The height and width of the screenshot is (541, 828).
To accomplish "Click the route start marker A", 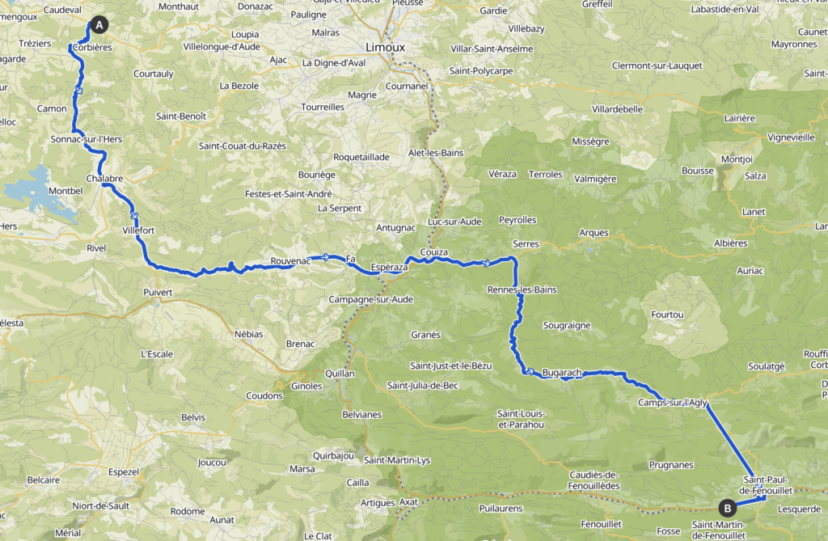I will [x=99, y=25].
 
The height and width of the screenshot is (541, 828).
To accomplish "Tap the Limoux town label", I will [x=385, y=47].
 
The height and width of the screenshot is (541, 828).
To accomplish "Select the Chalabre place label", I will [x=103, y=178].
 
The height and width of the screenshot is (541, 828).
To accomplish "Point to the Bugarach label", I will [x=562, y=373].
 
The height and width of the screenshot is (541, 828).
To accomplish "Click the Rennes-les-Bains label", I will [x=522, y=290].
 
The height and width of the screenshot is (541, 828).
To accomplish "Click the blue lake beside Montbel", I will [x=36, y=188].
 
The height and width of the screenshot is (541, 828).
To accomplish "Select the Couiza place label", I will [x=434, y=252].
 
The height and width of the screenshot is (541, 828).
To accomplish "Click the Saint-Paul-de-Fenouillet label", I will [x=767, y=485].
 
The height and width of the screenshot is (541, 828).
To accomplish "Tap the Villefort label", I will [x=137, y=230].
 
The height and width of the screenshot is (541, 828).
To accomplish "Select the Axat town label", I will [x=409, y=502].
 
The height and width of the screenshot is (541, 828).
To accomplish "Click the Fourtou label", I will [x=667, y=314].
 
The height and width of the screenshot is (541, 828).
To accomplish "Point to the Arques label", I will [x=594, y=233].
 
